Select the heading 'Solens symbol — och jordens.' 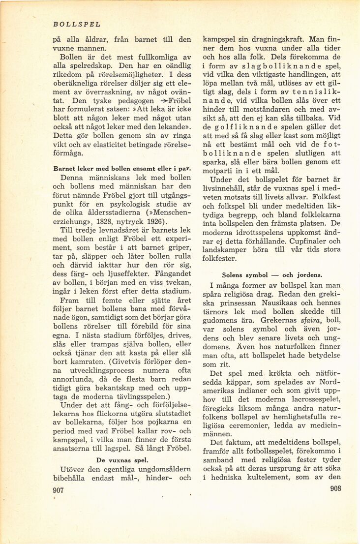(x=272, y=274)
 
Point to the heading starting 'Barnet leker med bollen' (x=122, y=168)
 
